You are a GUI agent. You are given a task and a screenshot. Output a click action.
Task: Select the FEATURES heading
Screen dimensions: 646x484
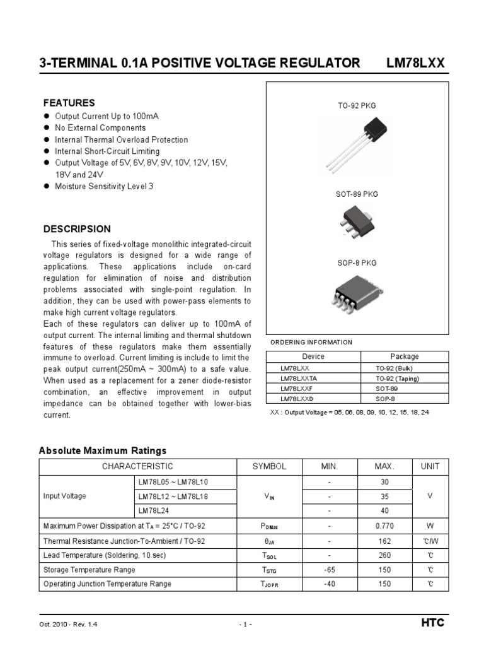point(69,103)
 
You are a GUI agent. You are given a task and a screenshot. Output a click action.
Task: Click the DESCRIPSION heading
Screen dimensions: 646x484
point(76,229)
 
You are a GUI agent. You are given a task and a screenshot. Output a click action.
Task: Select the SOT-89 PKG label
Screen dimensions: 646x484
point(357,194)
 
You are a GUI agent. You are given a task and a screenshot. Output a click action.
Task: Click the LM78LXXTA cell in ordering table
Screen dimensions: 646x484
point(299,379)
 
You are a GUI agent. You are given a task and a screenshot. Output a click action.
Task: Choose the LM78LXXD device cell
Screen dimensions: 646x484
point(296,399)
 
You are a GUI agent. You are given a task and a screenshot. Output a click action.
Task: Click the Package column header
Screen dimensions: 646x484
point(404,356)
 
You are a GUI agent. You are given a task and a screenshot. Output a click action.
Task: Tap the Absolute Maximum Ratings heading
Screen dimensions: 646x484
point(103,450)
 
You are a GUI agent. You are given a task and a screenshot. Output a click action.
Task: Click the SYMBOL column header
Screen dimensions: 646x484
point(269,466)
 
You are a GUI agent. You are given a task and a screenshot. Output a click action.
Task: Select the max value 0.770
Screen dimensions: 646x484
point(384,526)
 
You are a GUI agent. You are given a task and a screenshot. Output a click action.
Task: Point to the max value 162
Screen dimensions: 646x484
point(384,541)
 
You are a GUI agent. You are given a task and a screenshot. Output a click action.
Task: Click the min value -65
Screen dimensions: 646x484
point(329,570)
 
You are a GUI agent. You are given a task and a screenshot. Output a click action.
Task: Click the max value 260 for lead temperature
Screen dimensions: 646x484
point(384,555)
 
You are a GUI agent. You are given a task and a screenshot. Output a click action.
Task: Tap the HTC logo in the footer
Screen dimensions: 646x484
point(432,623)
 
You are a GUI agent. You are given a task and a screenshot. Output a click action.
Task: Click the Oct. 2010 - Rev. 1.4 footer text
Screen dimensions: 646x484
point(68,624)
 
